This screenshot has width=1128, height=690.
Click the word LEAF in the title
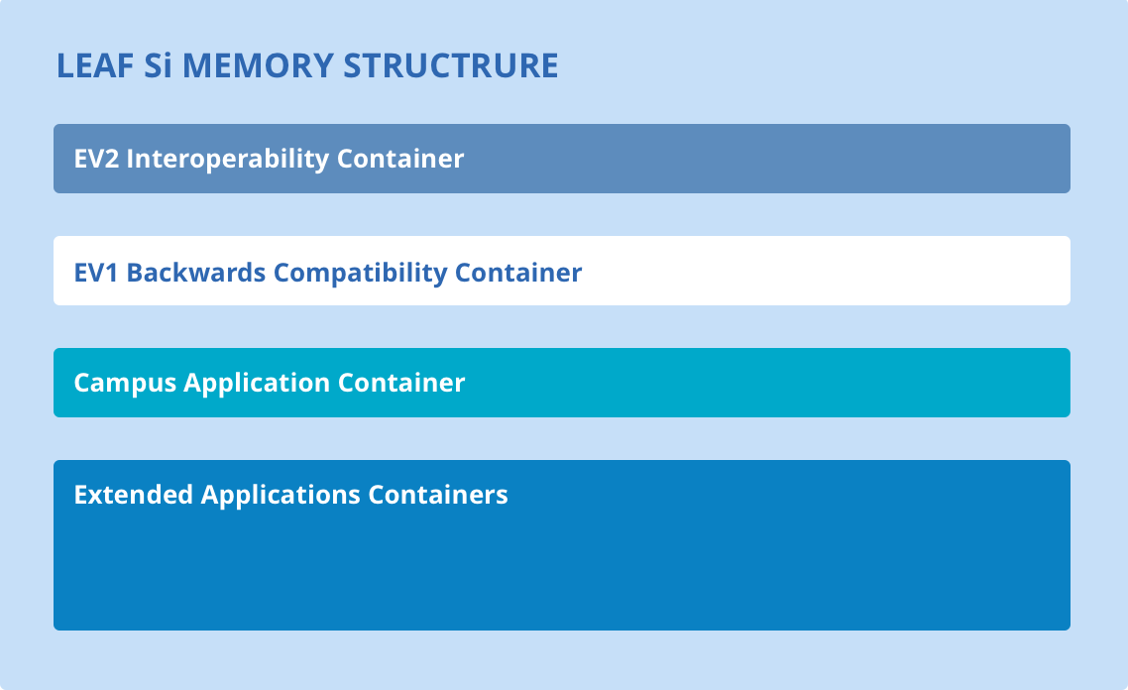(x=95, y=65)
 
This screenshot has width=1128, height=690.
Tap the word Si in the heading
(x=158, y=65)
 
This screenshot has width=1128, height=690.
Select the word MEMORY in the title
(x=258, y=65)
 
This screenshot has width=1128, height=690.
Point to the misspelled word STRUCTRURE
(x=450, y=65)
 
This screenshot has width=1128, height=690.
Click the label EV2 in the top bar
(x=96, y=159)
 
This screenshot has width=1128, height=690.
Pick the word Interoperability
(x=227, y=159)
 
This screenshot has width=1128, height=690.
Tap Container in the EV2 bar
(x=400, y=159)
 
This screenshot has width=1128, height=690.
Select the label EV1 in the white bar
(x=96, y=273)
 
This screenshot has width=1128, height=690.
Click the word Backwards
(x=196, y=273)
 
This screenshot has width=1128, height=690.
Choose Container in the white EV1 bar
(x=518, y=273)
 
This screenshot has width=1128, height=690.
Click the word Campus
(x=125, y=383)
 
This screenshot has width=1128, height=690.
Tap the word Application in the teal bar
(x=257, y=383)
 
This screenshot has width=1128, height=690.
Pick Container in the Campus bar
(x=401, y=382)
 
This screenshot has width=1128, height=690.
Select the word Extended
(x=134, y=495)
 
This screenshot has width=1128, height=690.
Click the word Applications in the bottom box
(x=281, y=495)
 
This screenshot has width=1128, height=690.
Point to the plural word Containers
(x=438, y=495)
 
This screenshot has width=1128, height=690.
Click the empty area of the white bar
(x=828, y=272)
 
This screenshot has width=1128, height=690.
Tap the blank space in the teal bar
(x=770, y=383)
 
